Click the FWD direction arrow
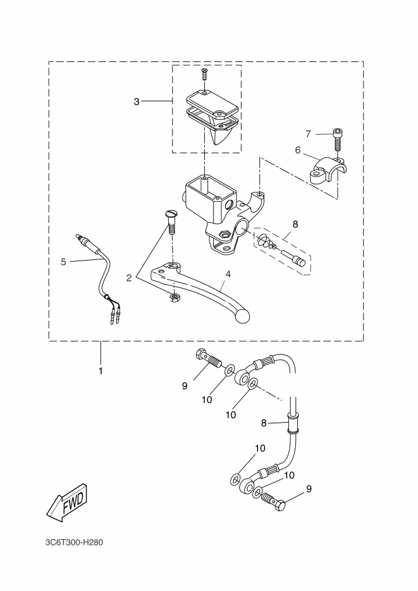pyautogui.click(x=67, y=502)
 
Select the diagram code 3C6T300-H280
pyautogui.click(x=74, y=543)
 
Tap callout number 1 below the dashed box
pyautogui.click(x=101, y=371)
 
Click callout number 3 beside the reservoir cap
pyautogui.click(x=137, y=101)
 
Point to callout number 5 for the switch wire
pyautogui.click(x=63, y=261)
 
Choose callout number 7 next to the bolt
pyautogui.click(x=309, y=134)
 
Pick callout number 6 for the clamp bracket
pyautogui.click(x=298, y=151)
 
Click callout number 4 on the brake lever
pyautogui.click(x=228, y=274)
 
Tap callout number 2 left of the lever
pyautogui.click(x=129, y=278)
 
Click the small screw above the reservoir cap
pyautogui.click(x=205, y=73)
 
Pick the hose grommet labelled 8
pyautogui.click(x=293, y=424)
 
